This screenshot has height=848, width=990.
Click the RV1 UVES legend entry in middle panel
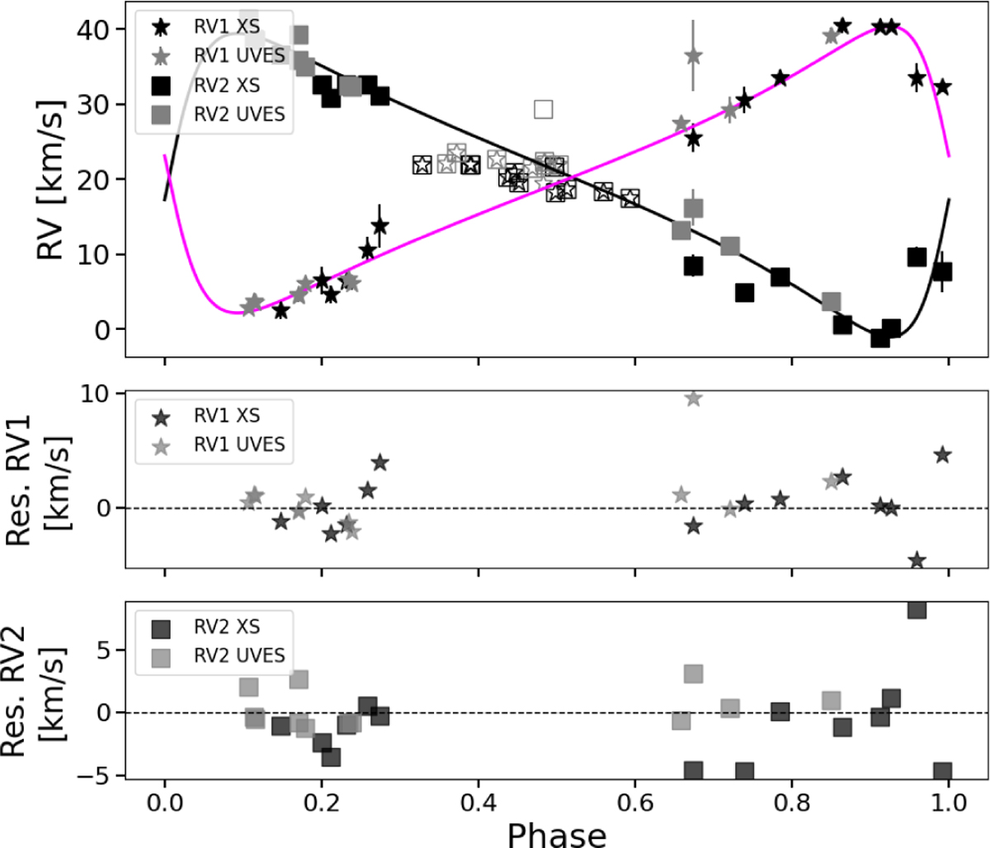coord(239,445)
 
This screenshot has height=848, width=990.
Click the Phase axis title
coord(557,833)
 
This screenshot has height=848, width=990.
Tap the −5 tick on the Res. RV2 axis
coord(97,775)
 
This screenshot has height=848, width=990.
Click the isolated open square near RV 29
coord(543,109)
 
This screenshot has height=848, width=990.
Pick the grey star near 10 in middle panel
coord(693,398)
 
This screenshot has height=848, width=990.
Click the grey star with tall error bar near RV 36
coord(693,56)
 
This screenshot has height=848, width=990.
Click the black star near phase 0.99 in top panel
coord(942,87)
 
